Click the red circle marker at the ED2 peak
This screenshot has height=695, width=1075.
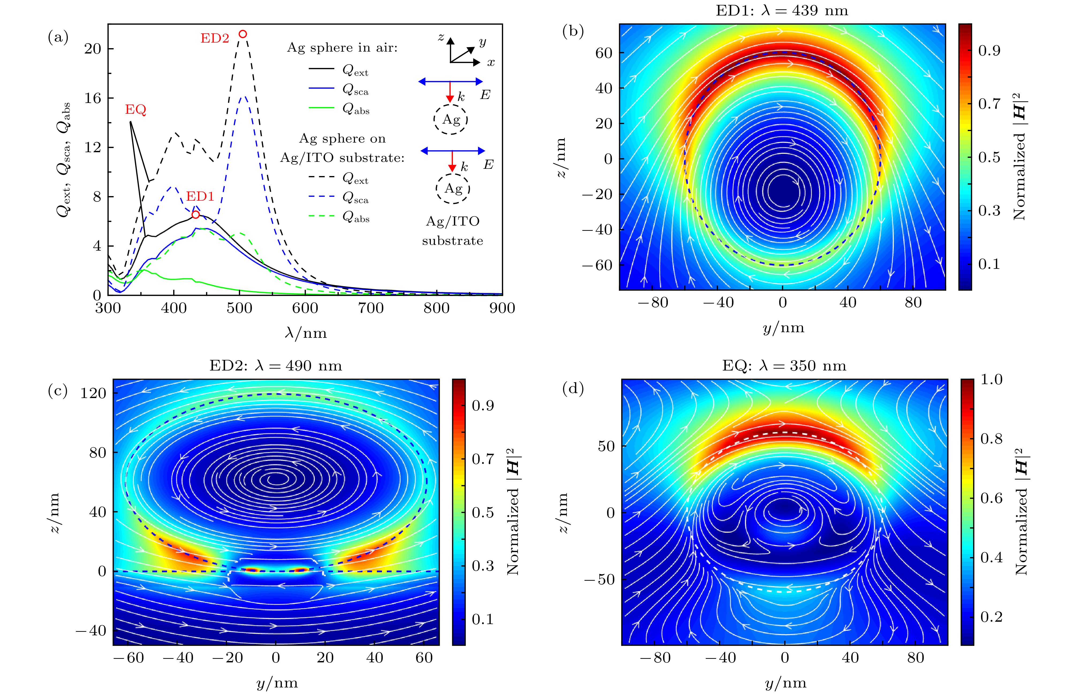pos(243,34)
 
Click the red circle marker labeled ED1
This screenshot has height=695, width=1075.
pos(195,215)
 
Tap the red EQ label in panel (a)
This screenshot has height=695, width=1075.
pos(135,110)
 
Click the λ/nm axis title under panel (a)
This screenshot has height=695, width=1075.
pos(306,333)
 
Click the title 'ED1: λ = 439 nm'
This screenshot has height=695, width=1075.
pos(782,10)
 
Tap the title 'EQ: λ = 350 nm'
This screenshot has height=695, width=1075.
pos(784,365)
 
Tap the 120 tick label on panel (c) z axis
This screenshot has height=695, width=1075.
pos(93,393)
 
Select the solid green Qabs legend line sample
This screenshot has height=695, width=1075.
pos(321,108)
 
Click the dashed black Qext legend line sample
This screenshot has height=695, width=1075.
pos(321,177)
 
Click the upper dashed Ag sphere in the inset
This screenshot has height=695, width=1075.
pos(451,120)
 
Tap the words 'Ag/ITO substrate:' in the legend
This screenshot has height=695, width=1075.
pos(342,158)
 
